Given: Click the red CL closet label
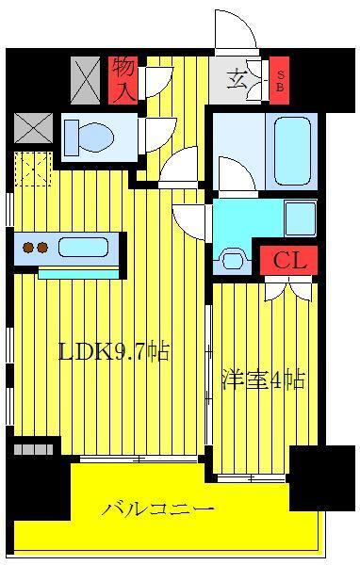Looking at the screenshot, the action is coord(289,260).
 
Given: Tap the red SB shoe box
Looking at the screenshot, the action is coord(280,81).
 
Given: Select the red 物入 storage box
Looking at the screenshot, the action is coord(123,81).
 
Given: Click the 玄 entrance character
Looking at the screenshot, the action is coord(237,80).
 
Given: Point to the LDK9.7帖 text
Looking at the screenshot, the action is coord(114,352).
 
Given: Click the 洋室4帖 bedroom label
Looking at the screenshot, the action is coord(264,379).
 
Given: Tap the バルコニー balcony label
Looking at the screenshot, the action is coord(158,509).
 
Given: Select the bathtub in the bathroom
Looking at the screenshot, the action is coord(292,152).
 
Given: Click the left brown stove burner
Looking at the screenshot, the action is coord(28,248).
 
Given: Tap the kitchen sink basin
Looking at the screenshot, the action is coord(83,247).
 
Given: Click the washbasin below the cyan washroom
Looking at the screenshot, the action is coord(233,260).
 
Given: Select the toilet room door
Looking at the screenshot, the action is coord(158,134).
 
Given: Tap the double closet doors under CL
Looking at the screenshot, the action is coord(288,288).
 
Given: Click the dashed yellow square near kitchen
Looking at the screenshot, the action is coord(33,169).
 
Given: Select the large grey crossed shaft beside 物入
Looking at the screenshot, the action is coord(85,81).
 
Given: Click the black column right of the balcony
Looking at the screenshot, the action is coord(322,478).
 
